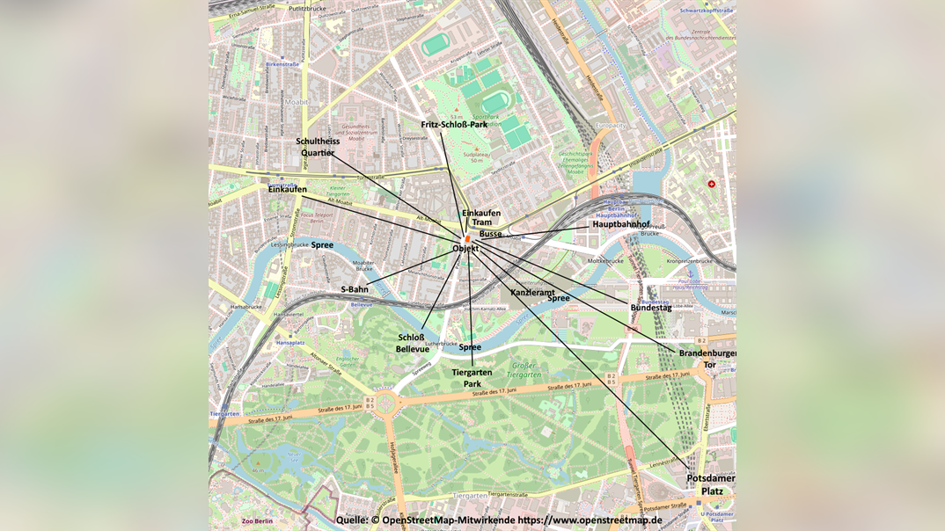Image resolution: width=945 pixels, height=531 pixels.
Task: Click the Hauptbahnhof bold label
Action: (620, 224)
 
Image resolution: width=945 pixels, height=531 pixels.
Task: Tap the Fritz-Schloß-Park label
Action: (454, 125)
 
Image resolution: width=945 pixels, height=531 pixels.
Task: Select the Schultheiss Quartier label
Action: (318, 147)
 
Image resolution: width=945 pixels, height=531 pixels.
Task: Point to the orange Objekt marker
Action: (468, 238)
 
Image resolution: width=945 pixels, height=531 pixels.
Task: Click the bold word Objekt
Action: (465, 249)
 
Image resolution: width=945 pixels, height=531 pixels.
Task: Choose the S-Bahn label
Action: (355, 289)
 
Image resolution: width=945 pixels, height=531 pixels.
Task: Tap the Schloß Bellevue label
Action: (412, 343)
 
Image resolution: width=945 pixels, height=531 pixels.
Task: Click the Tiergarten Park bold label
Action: (472, 378)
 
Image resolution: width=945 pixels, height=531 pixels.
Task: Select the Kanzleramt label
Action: (532, 292)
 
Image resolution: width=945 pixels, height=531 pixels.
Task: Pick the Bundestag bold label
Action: (650, 308)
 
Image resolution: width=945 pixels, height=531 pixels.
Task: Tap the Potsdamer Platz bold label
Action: (711, 484)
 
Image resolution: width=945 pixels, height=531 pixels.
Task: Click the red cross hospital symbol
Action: (711, 185)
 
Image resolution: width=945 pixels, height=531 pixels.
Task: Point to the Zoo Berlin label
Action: (257, 521)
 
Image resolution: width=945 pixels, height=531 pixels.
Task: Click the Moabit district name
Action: (297, 102)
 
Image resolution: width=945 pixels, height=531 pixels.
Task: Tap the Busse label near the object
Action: (490, 234)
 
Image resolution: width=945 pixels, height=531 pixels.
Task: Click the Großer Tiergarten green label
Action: (523, 369)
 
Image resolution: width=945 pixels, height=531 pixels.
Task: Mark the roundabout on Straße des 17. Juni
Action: (385, 404)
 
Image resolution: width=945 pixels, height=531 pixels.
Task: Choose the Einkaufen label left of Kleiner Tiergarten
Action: (288, 189)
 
